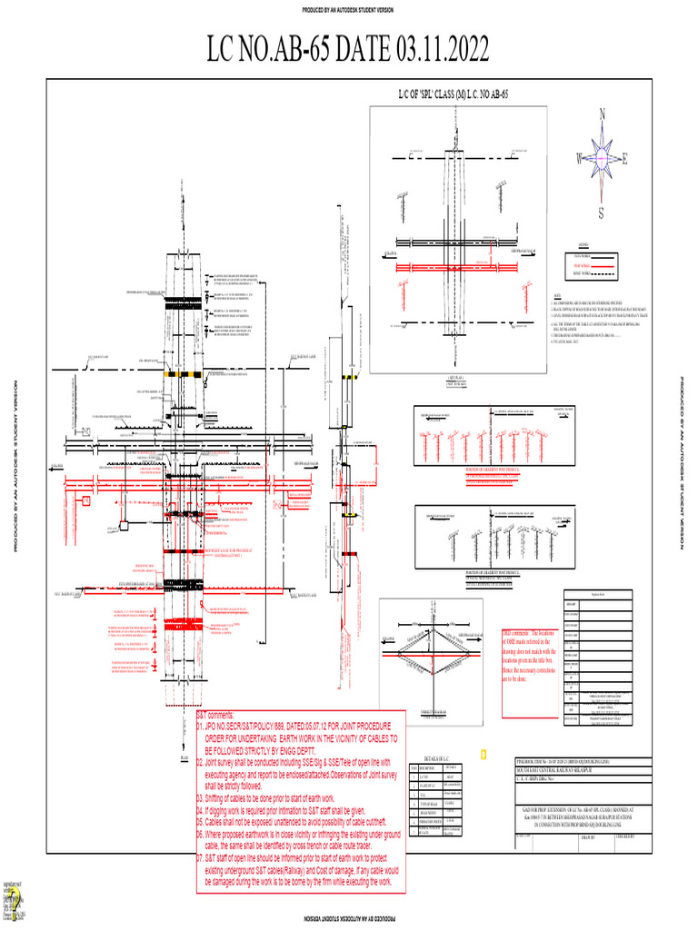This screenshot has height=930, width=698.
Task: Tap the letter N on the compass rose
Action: coord(601,114)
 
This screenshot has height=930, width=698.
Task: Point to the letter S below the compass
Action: coord(601,213)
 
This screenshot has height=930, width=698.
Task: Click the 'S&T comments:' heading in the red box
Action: coord(216,716)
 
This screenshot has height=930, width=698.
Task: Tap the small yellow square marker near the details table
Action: coord(484,754)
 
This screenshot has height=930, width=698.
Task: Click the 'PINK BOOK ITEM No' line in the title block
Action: coord(554,761)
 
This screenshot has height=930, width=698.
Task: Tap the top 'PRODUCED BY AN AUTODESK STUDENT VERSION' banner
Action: coord(348,10)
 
